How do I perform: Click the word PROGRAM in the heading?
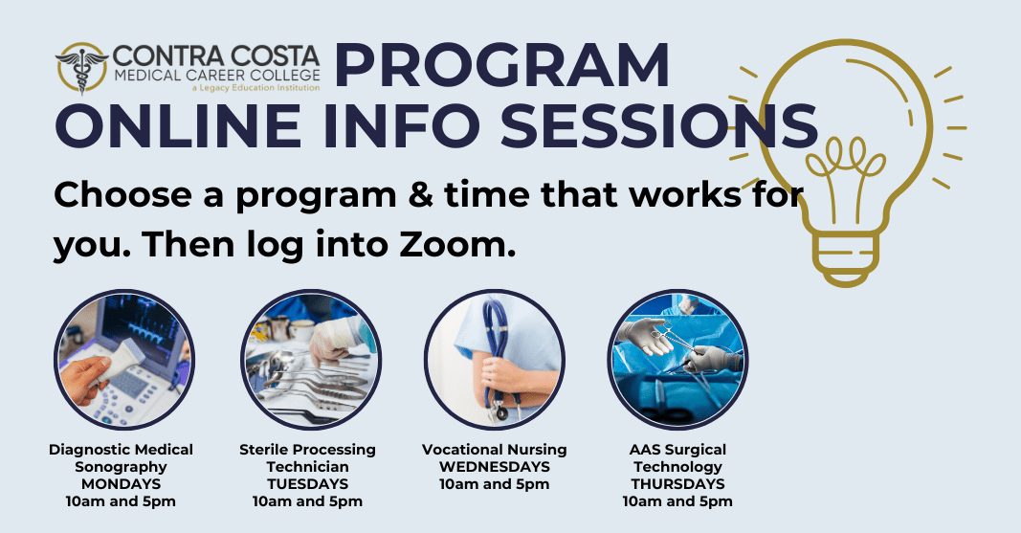coord(501,67)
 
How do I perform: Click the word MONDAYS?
coord(121,484)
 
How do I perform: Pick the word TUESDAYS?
coord(307,484)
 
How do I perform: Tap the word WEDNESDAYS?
coord(494,467)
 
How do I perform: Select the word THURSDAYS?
coord(677,484)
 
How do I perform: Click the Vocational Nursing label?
coord(494,450)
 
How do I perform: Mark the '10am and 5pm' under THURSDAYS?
coord(677,501)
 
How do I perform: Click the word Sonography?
coord(121,467)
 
